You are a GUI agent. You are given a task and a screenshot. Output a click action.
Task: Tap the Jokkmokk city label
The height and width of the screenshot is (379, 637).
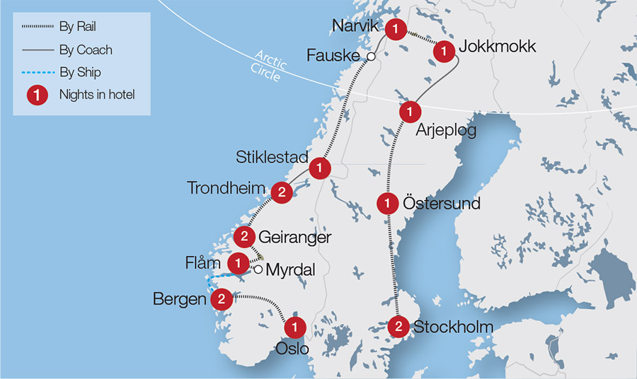(x=498, y=48)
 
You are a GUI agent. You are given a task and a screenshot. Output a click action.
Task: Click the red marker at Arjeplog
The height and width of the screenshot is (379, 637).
(x=410, y=111)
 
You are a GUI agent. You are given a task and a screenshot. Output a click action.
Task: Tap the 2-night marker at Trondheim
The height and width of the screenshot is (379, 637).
(x=282, y=191)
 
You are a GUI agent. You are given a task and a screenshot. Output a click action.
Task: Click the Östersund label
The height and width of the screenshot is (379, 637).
(x=442, y=204)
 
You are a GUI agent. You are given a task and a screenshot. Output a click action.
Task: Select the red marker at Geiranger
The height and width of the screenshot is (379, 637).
(x=244, y=236)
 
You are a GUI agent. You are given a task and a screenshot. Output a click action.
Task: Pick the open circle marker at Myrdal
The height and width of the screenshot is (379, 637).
(x=258, y=269)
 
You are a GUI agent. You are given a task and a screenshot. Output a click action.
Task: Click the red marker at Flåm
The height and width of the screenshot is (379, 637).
(x=239, y=263)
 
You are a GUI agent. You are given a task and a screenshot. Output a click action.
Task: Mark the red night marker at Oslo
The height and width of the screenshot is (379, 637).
(x=294, y=327)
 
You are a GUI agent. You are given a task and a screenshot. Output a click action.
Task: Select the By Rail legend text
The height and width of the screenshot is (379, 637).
(x=79, y=28)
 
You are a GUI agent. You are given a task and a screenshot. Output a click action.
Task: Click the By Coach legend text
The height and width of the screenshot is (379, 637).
(x=86, y=50)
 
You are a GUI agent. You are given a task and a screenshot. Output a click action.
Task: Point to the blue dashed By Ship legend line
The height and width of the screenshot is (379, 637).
(x=36, y=72)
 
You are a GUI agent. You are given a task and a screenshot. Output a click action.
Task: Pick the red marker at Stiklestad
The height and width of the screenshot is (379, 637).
(x=320, y=168)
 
